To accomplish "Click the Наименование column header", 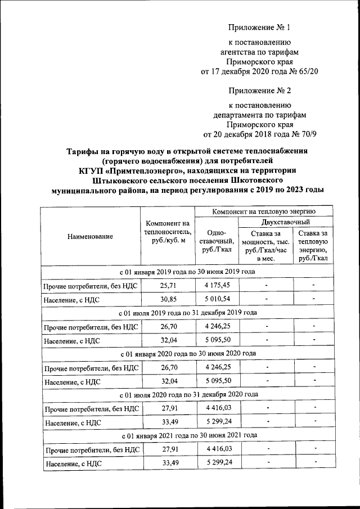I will click(90, 237).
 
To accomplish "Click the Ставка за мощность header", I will click(265, 246).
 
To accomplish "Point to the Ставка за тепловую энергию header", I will click(314, 246).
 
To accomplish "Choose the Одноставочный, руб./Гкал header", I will click(215, 241).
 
